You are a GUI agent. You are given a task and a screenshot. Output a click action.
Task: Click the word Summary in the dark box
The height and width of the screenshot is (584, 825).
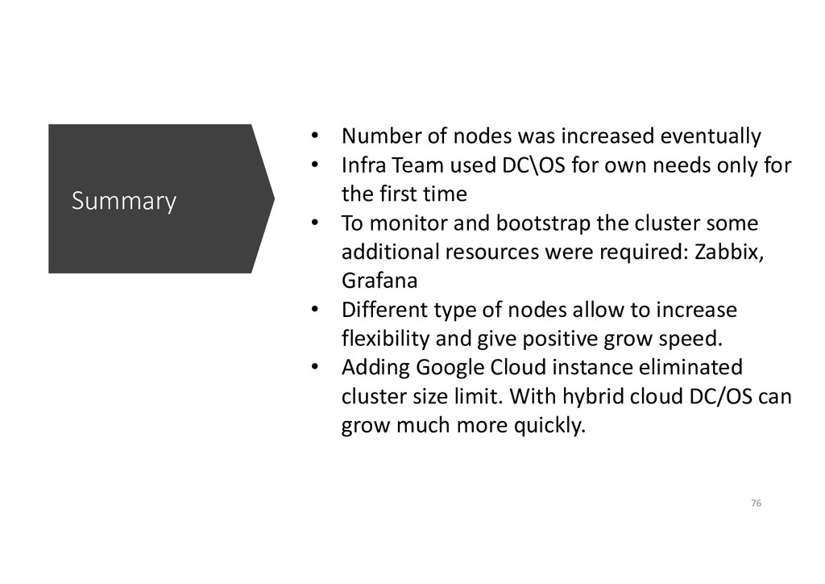point(123,201)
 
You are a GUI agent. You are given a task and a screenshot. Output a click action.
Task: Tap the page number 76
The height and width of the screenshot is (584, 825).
point(755,503)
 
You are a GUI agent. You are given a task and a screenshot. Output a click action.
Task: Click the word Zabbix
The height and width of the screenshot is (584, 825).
point(727,251)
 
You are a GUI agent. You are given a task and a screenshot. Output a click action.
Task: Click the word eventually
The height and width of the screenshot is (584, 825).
point(716,136)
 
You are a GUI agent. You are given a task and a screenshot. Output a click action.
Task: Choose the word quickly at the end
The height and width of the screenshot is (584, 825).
point(546,426)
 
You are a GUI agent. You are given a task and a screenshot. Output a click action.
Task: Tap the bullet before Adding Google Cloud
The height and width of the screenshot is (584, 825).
point(317,368)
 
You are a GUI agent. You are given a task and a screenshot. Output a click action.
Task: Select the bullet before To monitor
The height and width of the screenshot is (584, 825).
point(317,222)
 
